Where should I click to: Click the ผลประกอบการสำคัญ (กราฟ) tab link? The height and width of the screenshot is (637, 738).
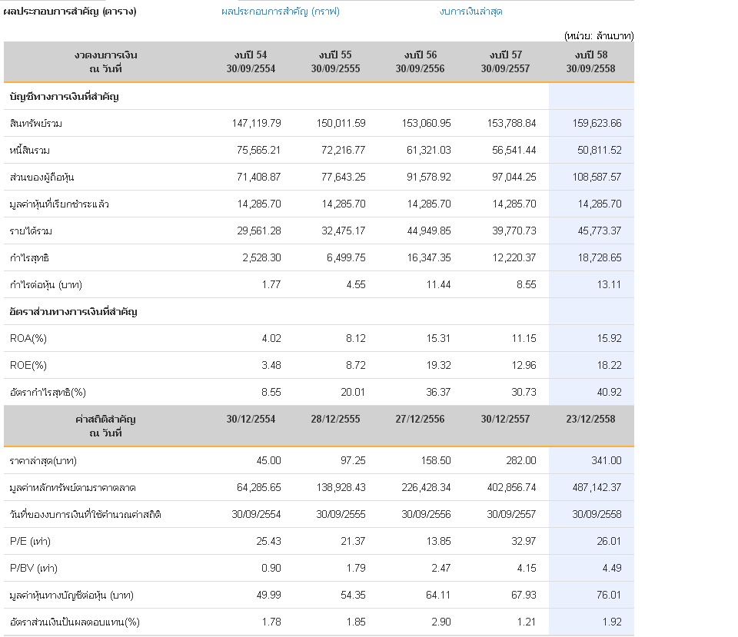[281, 12]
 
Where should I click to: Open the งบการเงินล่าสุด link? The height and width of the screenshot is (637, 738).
[470, 12]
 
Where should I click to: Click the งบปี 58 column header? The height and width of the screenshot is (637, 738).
[590, 61]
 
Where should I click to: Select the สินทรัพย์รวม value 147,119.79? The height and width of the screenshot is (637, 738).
[257, 123]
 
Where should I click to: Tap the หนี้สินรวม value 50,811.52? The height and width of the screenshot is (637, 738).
[599, 150]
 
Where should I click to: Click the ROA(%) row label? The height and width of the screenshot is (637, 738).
[28, 339]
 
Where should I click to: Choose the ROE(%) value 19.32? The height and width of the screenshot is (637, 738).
[438, 366]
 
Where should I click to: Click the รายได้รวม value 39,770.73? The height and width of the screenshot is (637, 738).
[514, 231]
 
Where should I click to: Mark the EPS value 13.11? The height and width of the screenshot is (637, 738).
[609, 284]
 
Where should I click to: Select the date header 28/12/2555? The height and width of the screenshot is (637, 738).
[336, 420]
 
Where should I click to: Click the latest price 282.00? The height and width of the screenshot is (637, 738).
[521, 460]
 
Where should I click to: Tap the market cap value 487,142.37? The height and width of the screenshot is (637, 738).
[597, 487]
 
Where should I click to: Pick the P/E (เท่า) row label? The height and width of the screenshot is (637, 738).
[30, 542]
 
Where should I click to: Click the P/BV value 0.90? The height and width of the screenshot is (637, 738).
[271, 569]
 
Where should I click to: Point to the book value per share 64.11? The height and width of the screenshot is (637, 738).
[438, 596]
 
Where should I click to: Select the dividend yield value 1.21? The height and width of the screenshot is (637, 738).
[526, 622]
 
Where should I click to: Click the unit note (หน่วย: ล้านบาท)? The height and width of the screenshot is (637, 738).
[599, 36]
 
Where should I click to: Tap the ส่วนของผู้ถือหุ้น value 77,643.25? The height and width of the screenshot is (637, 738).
[343, 177]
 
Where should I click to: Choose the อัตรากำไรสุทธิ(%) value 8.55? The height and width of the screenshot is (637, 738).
[271, 393]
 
